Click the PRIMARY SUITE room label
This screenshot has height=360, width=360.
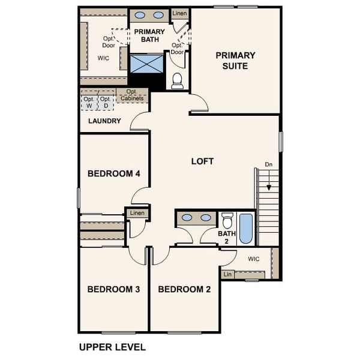pos(235,61)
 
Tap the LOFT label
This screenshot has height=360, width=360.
pos(202,161)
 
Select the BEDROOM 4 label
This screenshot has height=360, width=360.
pos(113,174)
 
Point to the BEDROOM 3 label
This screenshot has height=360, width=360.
pos(113,289)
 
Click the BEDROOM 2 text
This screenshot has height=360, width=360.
pos(184,289)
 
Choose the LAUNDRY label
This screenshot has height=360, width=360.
pos(104,121)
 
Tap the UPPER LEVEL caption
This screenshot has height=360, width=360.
pos(112,347)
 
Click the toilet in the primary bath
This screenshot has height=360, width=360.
pos(177,81)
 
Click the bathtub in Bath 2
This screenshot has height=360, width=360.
pos(246,229)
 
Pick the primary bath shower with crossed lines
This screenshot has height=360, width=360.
pos(146,64)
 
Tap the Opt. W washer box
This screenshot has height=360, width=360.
pos(89,103)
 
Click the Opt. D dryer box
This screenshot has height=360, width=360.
pos(106,103)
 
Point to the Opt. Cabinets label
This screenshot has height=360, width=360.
pos(131,95)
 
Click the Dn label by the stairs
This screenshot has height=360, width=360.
pos(269,164)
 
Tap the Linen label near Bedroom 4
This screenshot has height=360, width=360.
pos(137,213)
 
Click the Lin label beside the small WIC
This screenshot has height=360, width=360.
pos(227,274)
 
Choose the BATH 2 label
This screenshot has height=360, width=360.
pos(227,238)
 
